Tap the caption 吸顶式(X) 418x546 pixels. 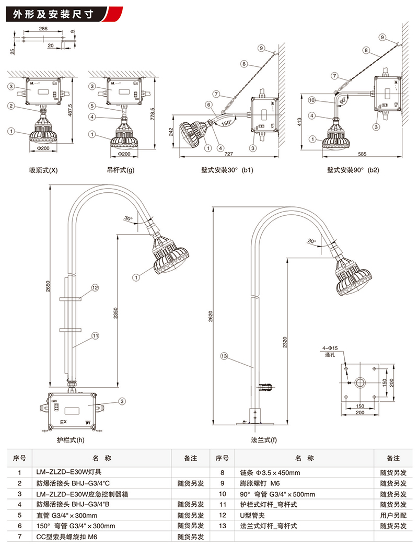point(43,170)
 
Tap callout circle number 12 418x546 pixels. point(95,288)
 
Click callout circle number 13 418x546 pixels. point(224,356)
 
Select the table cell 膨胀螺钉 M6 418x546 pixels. point(260,483)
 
